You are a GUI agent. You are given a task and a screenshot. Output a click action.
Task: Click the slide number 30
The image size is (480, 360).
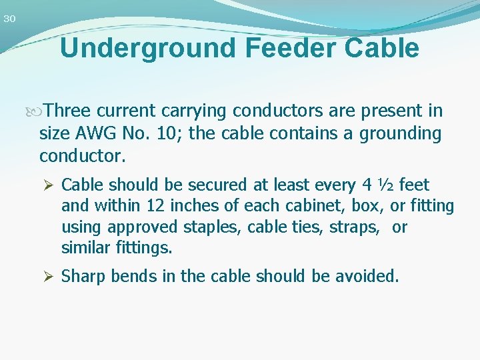(x=9, y=19)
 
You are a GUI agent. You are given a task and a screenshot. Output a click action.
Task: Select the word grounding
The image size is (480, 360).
(x=400, y=134)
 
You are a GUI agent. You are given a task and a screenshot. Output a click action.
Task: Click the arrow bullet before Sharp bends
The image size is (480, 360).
(x=48, y=276)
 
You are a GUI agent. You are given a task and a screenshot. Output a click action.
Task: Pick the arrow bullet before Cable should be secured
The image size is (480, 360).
(x=48, y=185)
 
